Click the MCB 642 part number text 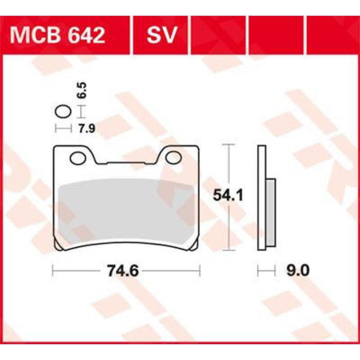pyautogui.click(x=58, y=36)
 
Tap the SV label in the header pyautogui.click(x=162, y=36)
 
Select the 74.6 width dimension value pyautogui.click(x=123, y=271)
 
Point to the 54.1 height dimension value pyautogui.click(x=228, y=195)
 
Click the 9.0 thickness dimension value pyautogui.click(x=298, y=271)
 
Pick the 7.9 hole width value pyautogui.click(x=87, y=129)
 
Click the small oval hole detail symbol pyautogui.click(x=63, y=112)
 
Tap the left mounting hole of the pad pyautogui.click(x=77, y=158)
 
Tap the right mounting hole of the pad pyautogui.click(x=174, y=157)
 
